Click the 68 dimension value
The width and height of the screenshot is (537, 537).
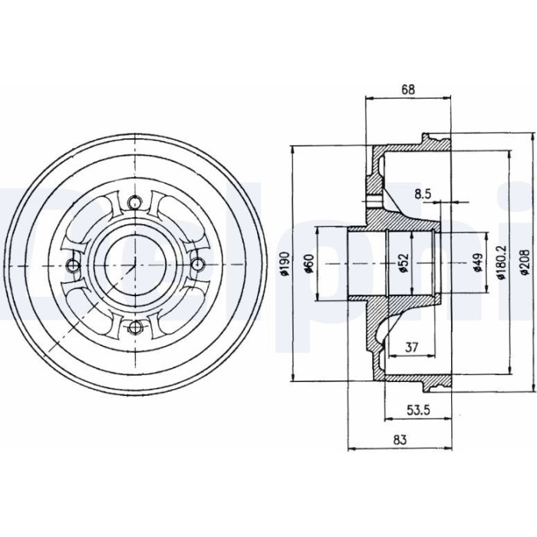pos(408,90)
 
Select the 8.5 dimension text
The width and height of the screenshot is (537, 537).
pos(423,195)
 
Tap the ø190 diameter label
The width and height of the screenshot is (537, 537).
pos(285,264)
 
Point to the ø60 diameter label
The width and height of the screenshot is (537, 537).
pos(310,264)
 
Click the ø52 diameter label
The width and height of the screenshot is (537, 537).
pos(404,263)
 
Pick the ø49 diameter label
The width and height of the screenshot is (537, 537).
pos(479,263)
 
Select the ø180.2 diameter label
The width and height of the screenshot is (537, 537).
pos(502,262)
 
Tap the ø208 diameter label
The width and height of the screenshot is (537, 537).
pos(525,262)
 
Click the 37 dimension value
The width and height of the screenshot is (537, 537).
pos(412,348)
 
